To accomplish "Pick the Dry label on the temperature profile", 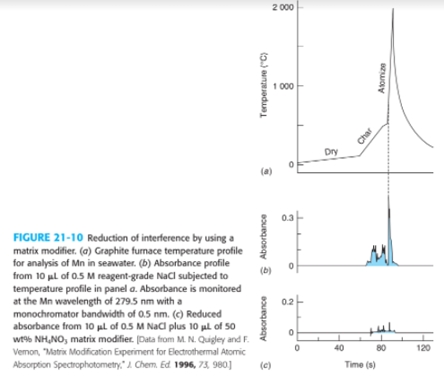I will tap(330, 152).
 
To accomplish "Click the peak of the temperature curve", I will tap(393, 9).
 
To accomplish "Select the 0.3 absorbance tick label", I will tap(288, 218).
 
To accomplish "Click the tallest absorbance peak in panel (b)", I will tap(389, 197).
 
